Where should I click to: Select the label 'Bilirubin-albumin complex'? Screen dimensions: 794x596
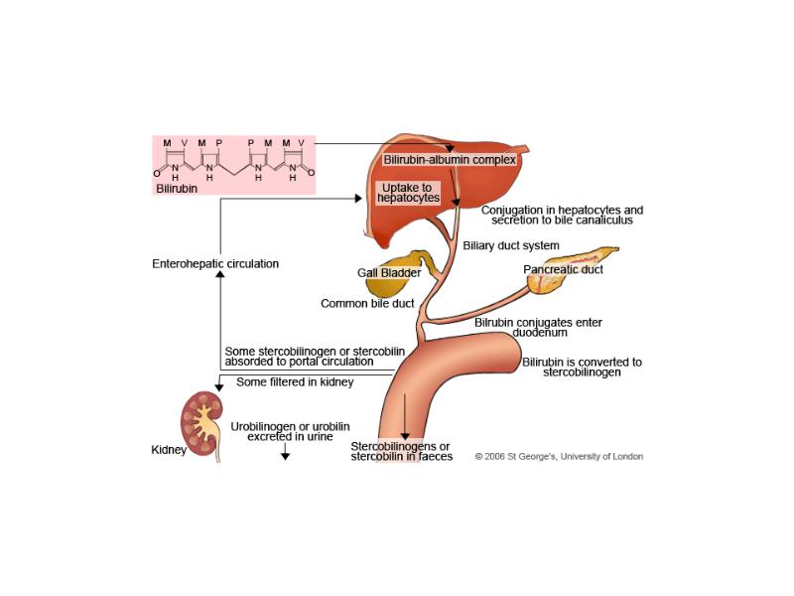450,160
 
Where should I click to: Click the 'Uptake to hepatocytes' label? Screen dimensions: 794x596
408,193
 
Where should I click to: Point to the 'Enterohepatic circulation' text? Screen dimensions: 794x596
215,263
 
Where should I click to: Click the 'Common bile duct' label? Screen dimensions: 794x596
367,304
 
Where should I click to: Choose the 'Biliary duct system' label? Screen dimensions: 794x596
511,245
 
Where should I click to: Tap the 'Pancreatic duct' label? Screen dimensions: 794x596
563,269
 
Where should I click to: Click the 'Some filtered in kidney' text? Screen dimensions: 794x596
295,382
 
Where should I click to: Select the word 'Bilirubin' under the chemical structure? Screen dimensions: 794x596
177,189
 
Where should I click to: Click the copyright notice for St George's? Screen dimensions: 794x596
559,457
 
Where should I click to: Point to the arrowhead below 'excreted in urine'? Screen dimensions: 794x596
285,456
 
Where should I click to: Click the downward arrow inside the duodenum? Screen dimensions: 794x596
405,416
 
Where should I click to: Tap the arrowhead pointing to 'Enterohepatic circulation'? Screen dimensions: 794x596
219,274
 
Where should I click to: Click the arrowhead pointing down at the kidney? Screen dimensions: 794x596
218,387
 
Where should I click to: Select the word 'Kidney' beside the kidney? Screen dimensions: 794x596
169,450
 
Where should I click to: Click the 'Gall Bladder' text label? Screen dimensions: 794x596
389,272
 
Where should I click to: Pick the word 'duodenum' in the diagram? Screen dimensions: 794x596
540,333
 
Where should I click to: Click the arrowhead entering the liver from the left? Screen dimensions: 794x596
358,199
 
